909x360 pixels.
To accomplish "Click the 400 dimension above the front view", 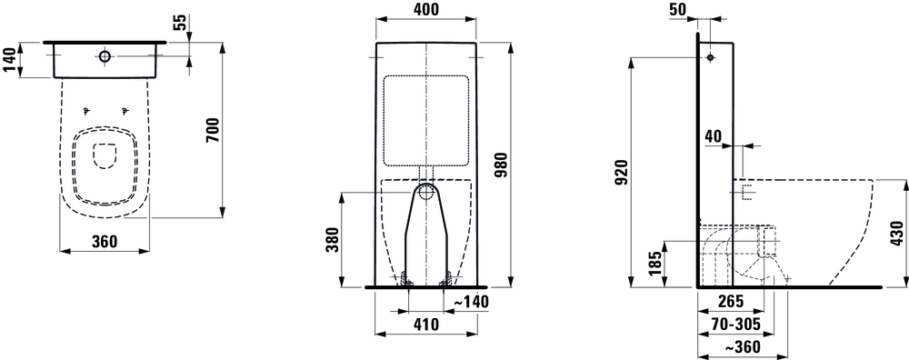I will click(x=425, y=11).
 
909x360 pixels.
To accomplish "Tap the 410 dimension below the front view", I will click(x=425, y=323).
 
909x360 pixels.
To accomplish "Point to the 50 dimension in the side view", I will click(x=701, y=9).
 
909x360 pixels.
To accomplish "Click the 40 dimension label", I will click(x=713, y=135).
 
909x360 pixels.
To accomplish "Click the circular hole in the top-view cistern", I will click(x=105, y=57).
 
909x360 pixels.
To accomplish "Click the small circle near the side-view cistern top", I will click(x=709, y=57).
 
